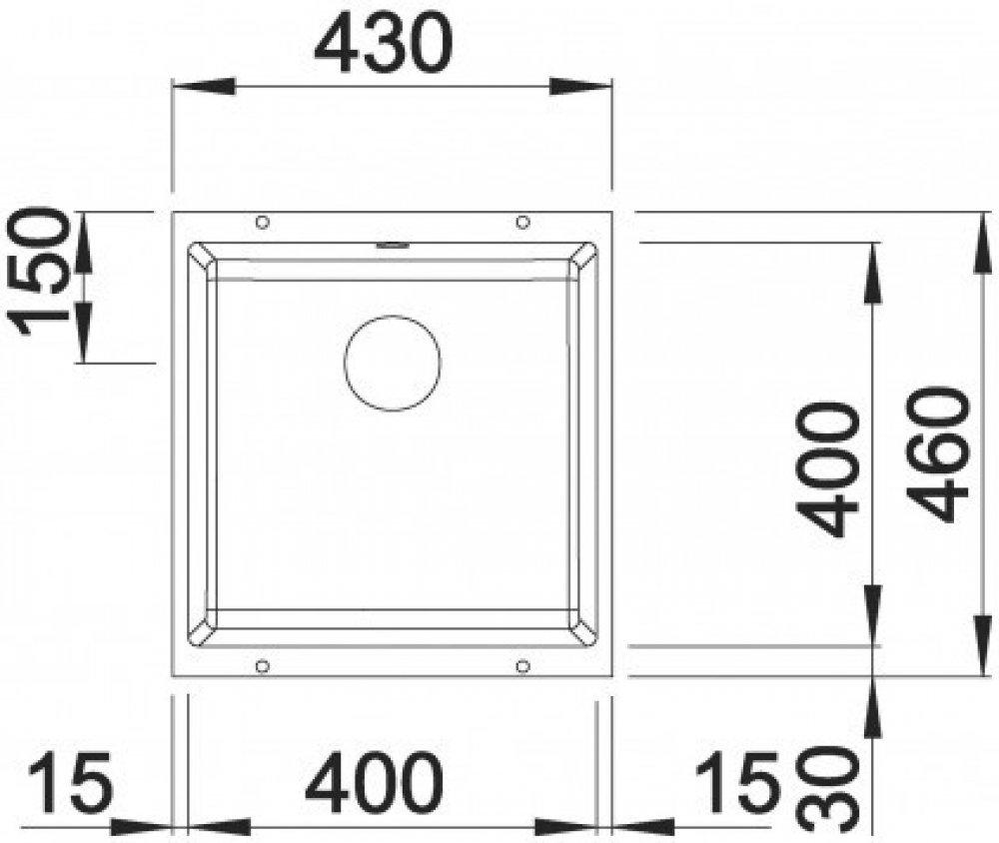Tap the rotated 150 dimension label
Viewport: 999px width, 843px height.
41,271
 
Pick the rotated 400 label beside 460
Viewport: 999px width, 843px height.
827,471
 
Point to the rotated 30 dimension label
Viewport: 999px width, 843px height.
828,788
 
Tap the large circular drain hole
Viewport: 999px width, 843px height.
393,364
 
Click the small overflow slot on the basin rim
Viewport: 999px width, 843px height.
392,244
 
